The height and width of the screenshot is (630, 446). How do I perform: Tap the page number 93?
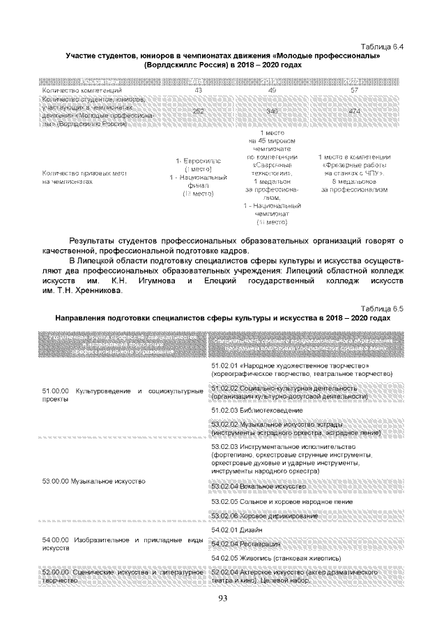coord(223,599)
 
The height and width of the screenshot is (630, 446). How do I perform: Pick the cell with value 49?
coord(272,90)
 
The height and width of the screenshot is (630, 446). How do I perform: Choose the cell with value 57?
coord(354,90)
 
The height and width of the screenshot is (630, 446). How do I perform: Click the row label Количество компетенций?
coord(83,90)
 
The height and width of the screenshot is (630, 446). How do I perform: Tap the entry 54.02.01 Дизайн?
coord(240,529)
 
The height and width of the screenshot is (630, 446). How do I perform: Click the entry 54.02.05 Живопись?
coord(266,558)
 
